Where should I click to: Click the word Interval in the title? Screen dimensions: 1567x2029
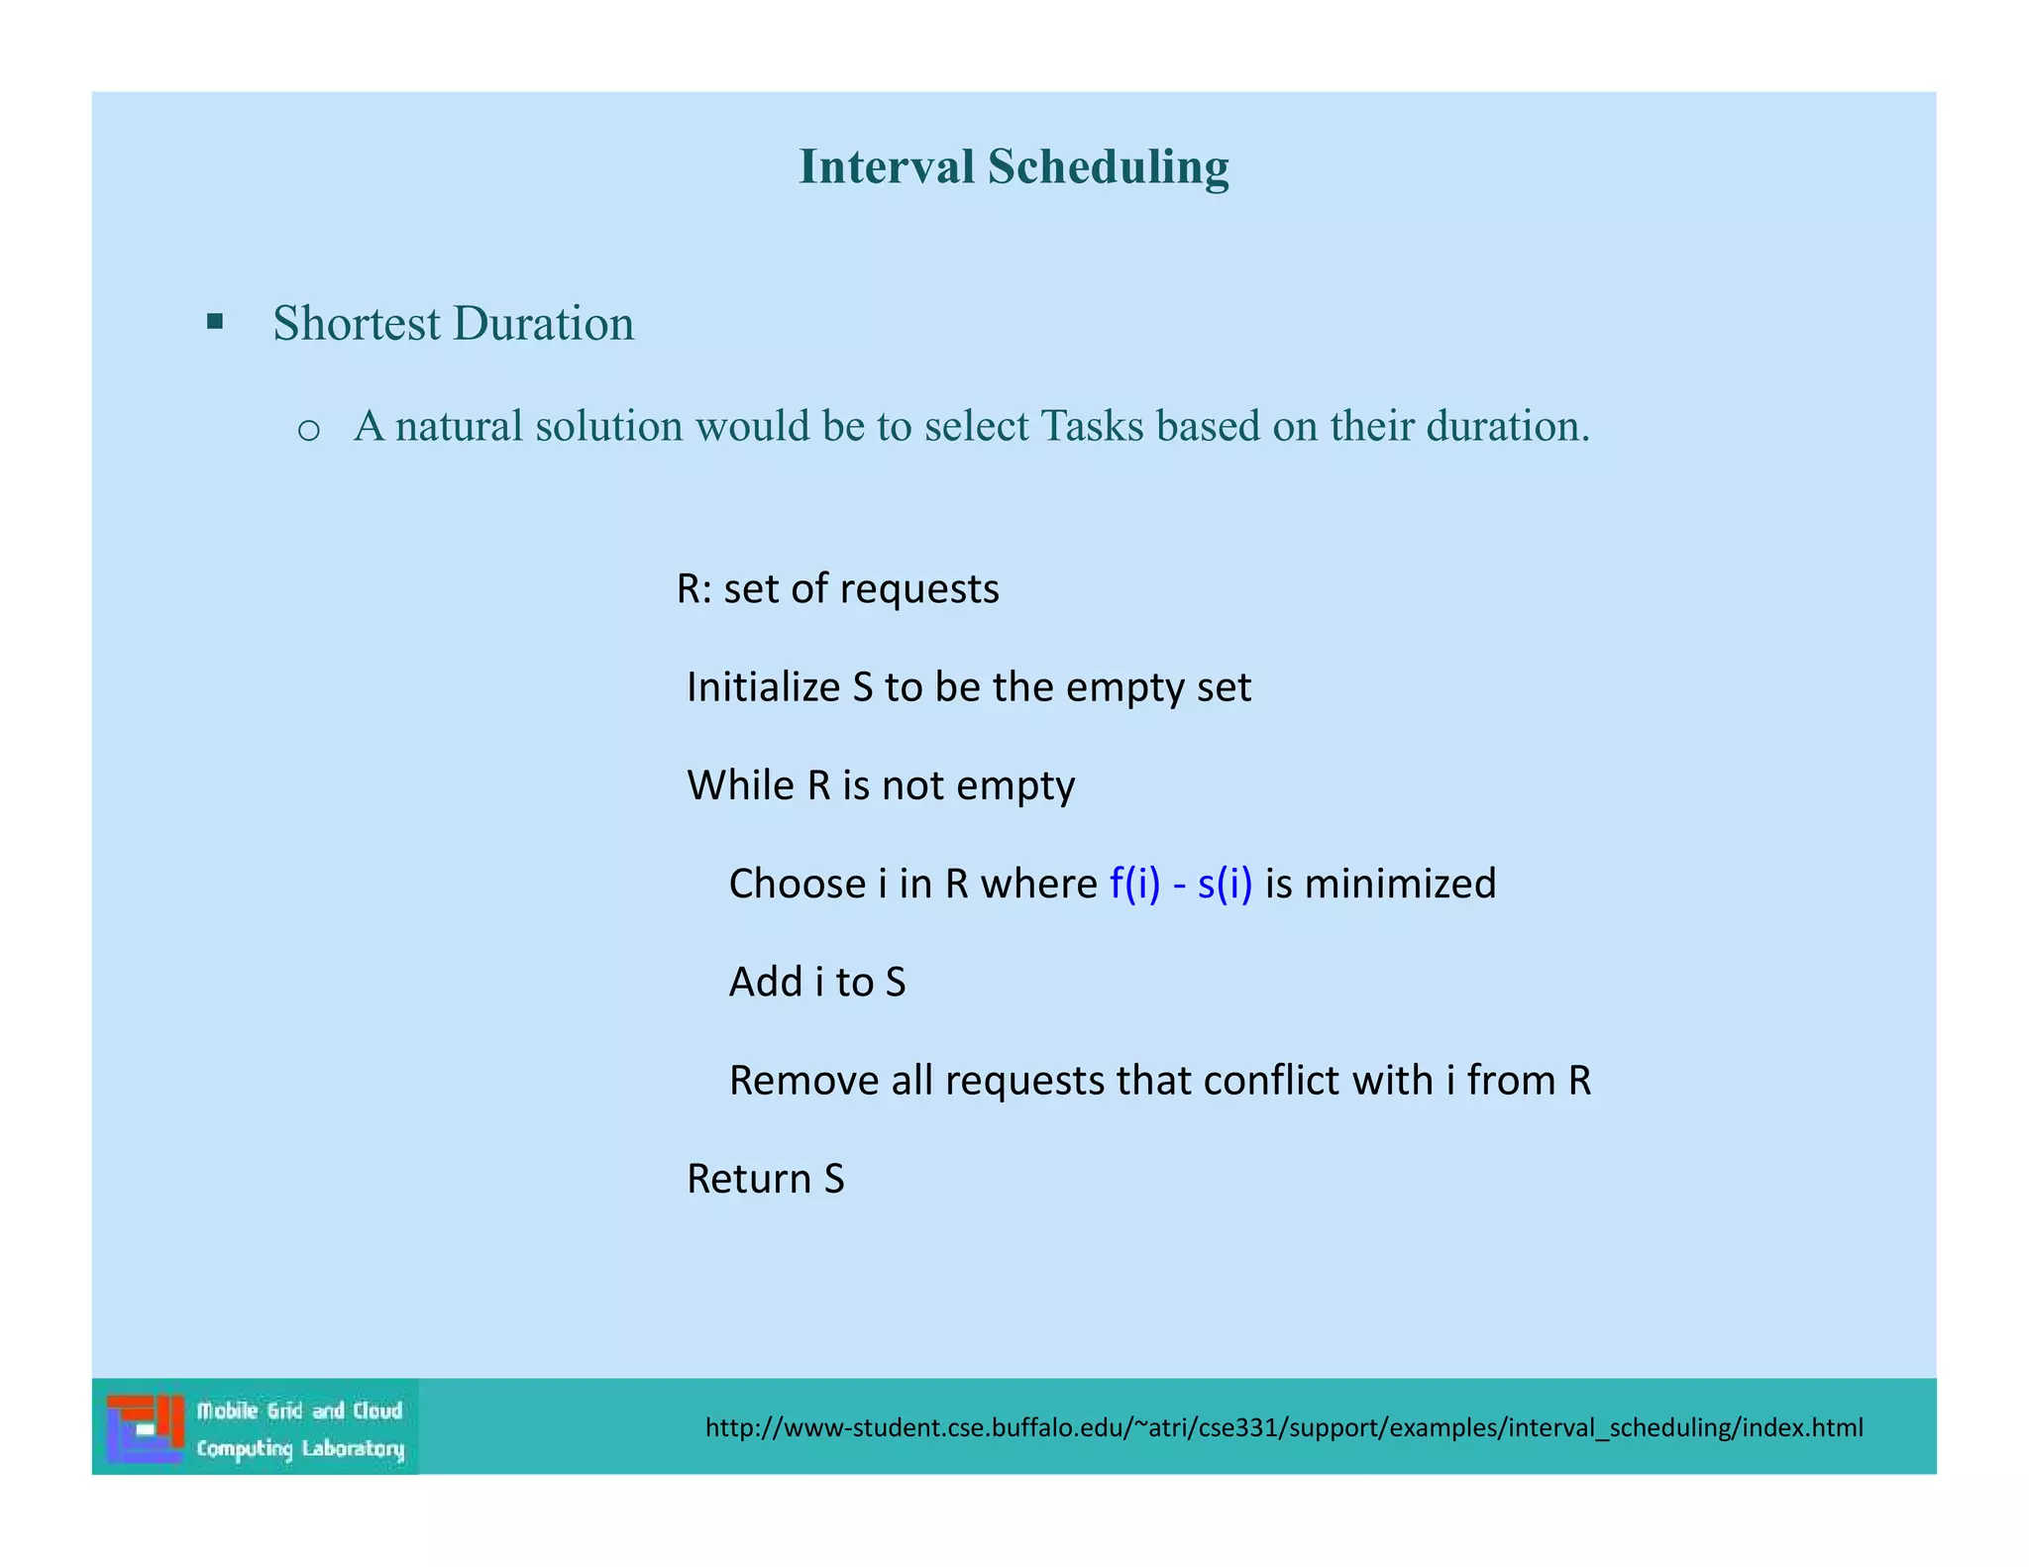[x=887, y=165]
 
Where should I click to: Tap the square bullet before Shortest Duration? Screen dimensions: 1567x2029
[x=215, y=321]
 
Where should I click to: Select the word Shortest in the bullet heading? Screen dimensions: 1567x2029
[x=356, y=323]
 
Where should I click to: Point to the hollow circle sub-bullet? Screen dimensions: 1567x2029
[x=308, y=430]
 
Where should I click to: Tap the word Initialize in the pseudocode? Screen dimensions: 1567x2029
[x=763, y=686]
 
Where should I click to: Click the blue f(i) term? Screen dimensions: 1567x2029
[x=1134, y=883]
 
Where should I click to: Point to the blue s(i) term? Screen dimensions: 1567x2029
[x=1225, y=883]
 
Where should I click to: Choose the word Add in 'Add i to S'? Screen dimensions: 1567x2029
[x=765, y=982]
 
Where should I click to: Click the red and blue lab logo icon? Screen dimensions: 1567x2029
[x=146, y=1427]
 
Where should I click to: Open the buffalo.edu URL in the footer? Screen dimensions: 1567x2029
[x=1284, y=1427]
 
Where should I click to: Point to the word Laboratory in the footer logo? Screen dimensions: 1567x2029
[x=353, y=1449]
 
